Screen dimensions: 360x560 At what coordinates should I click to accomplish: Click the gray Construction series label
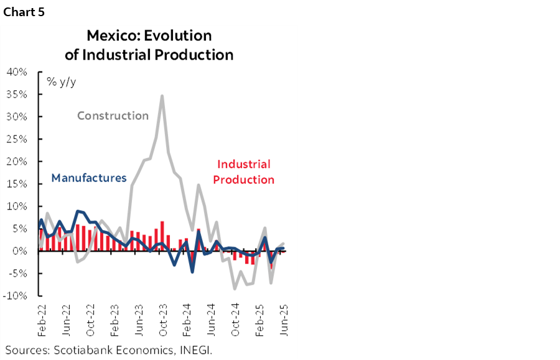(x=113, y=116)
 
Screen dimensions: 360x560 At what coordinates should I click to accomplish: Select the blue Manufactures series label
(x=89, y=178)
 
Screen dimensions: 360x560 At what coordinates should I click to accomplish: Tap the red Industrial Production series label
(x=243, y=172)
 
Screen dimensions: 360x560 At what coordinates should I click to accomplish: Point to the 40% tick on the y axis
(x=17, y=72)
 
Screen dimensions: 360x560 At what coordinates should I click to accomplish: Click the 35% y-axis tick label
(x=17, y=95)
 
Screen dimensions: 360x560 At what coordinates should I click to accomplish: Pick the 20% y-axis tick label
(x=17, y=162)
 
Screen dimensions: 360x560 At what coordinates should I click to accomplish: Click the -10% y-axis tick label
(x=16, y=296)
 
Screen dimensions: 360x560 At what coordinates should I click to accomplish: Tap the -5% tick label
(x=17, y=274)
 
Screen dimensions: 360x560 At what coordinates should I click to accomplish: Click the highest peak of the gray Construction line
(x=162, y=96)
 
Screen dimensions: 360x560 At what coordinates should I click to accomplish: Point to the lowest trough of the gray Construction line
(x=235, y=289)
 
